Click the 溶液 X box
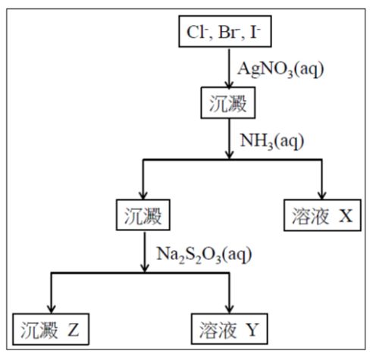click(x=322, y=215)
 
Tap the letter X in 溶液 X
click(x=345, y=215)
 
